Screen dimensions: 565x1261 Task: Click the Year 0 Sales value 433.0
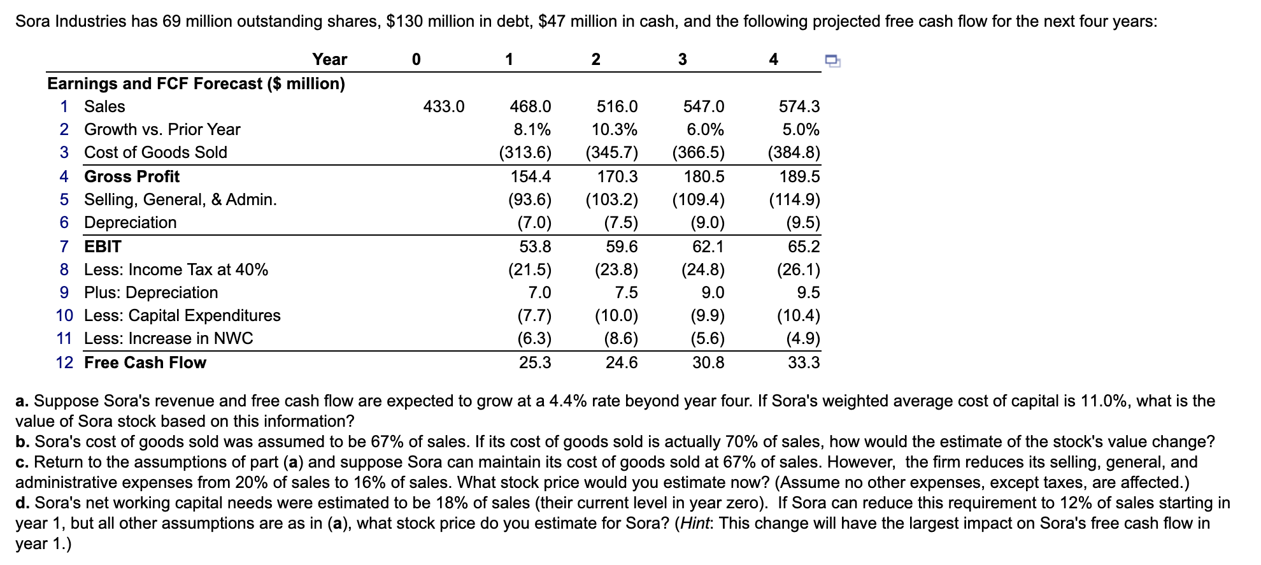(x=444, y=106)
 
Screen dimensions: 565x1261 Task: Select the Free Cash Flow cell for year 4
(x=804, y=362)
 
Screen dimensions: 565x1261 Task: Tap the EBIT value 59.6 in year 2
(x=621, y=247)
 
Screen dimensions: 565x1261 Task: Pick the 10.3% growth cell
(x=614, y=129)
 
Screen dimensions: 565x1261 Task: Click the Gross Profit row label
(x=132, y=176)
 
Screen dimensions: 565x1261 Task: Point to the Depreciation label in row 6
(x=130, y=222)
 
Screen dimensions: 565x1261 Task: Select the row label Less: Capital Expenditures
(x=182, y=315)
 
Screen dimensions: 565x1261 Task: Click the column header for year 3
(x=682, y=59)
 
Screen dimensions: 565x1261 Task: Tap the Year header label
(x=329, y=59)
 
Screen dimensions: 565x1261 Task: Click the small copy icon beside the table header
(x=832, y=61)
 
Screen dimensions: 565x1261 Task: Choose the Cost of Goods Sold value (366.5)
(x=699, y=152)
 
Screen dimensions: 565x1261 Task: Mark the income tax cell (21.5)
(x=530, y=269)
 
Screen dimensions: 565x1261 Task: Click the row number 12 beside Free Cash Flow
(x=64, y=362)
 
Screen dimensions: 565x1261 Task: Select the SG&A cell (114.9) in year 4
(x=794, y=199)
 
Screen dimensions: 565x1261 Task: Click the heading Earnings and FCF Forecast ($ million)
(x=196, y=83)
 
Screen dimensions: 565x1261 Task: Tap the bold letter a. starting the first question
(x=22, y=401)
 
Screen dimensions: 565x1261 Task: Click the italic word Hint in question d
(x=695, y=523)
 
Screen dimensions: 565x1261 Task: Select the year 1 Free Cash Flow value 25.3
(x=535, y=362)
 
